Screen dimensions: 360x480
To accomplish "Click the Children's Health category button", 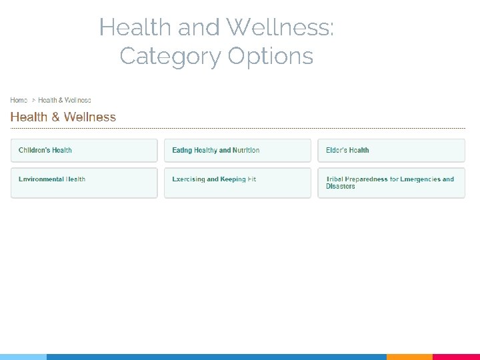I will (84, 150).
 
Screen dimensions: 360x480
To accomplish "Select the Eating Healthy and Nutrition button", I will (237, 150).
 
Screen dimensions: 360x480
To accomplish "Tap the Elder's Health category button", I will (391, 150).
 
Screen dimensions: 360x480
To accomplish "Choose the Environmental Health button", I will (84, 182).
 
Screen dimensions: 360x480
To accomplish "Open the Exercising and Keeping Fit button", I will (237, 182).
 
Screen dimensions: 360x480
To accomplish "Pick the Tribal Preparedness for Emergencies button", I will (391, 182).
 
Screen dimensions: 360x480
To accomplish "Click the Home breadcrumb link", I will (19, 100).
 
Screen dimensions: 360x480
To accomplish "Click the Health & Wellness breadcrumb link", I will (65, 100).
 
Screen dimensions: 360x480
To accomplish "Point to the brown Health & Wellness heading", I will (63, 117).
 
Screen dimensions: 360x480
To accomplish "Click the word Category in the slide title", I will (171, 56).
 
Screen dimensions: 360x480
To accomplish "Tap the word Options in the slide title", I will (270, 56).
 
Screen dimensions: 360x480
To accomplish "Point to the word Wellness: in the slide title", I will (280, 28).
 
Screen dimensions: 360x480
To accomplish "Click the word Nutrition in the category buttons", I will (246, 150).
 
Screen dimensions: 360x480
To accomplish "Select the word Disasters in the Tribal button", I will (341, 187).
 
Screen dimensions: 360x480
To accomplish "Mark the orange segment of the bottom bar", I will (409, 357).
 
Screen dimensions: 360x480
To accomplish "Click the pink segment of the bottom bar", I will (456, 357).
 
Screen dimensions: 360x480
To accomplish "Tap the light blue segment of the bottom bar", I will (23, 357).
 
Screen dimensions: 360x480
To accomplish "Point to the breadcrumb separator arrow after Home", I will (33, 100).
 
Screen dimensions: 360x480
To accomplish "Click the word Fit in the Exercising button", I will (252, 179).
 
